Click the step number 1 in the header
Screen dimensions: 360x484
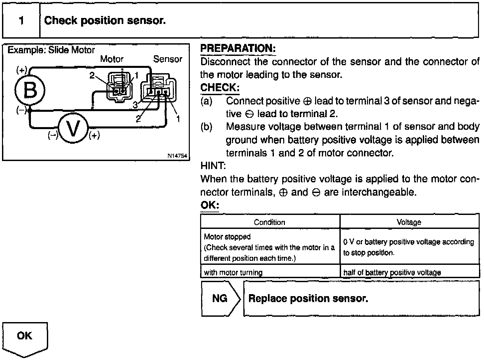pos(22,21)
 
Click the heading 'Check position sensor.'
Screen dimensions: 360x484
pos(105,21)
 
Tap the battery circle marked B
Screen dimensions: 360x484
pos(30,90)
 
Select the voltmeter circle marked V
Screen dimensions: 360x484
pos(73,128)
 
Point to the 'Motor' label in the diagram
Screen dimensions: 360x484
pos(112,59)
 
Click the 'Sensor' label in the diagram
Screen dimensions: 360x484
pos(168,59)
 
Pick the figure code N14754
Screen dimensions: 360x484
pos(177,156)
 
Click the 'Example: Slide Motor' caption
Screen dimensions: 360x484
pos(51,50)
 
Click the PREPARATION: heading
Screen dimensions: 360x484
pos(238,49)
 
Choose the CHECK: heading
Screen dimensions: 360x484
pos(220,88)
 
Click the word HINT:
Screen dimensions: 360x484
pos(213,166)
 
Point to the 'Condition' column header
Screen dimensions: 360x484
pos(270,222)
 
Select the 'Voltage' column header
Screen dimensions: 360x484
pos(409,222)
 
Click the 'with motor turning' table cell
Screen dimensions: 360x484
pos(233,272)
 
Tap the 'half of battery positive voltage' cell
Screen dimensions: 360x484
pos(392,272)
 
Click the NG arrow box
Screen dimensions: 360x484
pos(220,298)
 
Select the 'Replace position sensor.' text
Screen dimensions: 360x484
pos(308,298)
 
